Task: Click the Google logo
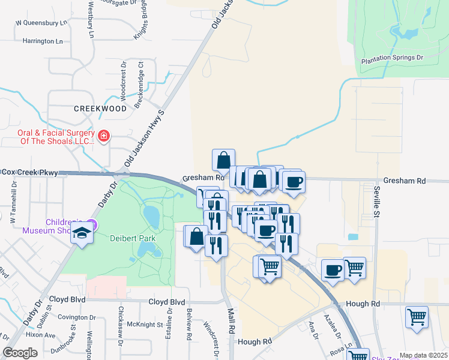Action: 20,353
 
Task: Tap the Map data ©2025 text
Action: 422,355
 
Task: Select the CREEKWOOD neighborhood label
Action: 100,109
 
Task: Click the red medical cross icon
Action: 103,136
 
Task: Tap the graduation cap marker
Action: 82,233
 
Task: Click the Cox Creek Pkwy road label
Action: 30,172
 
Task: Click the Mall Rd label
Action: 229,321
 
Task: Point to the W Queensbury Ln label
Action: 40,23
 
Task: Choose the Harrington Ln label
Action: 42,41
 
